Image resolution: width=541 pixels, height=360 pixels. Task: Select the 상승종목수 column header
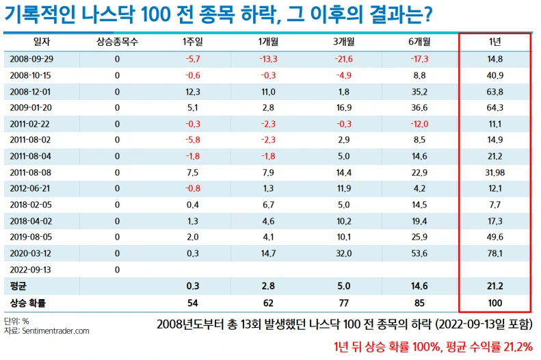[117, 42]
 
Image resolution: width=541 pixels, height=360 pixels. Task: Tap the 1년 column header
[495, 42]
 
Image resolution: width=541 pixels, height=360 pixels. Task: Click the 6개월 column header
[419, 42]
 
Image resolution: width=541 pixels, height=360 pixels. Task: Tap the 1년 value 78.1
[495, 253]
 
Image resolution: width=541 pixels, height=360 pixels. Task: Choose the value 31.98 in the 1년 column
[495, 172]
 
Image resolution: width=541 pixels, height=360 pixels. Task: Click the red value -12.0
[419, 124]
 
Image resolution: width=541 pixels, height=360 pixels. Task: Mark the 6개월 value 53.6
[419, 253]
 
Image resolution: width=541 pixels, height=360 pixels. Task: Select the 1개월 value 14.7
[268, 253]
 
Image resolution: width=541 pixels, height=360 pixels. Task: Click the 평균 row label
[18, 286]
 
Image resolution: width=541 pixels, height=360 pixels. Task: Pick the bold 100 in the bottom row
[495, 303]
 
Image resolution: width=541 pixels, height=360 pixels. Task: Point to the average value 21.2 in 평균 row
[495, 286]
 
